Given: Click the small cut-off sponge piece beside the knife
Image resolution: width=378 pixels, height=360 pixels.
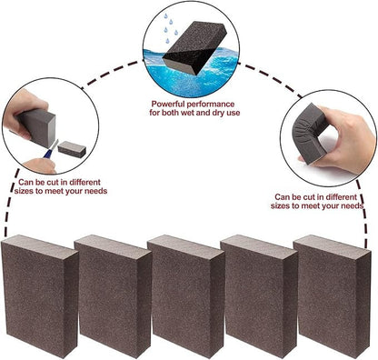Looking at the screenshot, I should (x=72, y=149).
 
